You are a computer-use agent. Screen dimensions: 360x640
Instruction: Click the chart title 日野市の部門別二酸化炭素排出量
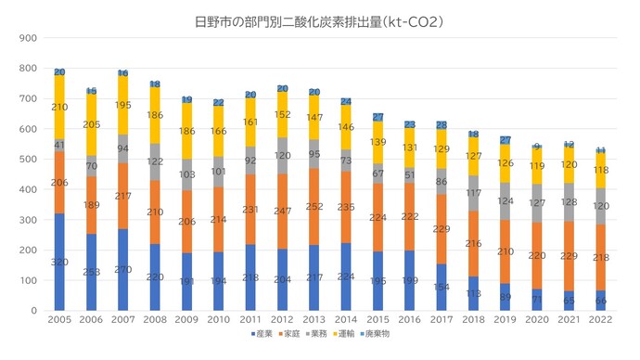tap(319, 19)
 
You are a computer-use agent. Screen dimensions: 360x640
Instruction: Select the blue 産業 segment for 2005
tap(59, 263)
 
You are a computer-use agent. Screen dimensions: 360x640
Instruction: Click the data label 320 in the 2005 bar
tap(59, 263)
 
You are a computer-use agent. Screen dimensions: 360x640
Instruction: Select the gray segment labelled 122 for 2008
tap(155, 161)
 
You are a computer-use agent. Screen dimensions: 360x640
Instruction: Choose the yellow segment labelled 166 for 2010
tap(219, 132)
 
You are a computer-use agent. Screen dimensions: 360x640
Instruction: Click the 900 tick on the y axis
tap(28, 38)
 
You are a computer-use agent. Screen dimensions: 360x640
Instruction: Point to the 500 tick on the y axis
tap(28, 160)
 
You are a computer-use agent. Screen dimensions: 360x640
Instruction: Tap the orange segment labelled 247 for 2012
tap(283, 212)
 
